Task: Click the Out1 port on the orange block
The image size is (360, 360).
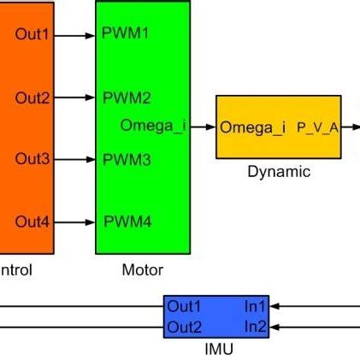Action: tap(32, 35)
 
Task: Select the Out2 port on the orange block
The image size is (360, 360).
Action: tap(32, 97)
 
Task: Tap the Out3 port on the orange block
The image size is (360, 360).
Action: tap(32, 159)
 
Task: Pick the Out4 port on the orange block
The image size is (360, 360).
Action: tap(32, 222)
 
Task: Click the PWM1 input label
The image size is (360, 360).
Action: tap(126, 35)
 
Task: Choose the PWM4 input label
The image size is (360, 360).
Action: tap(127, 222)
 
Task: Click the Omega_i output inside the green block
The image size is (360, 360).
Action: tap(153, 127)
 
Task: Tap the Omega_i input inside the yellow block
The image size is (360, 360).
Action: tap(253, 128)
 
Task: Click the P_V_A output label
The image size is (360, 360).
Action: tap(318, 128)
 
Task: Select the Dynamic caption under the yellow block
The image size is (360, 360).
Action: tap(279, 171)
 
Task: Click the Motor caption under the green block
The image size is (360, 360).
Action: tap(142, 270)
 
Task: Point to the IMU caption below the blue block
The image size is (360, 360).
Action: tap(218, 349)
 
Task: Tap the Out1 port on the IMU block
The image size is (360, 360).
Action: tap(184, 306)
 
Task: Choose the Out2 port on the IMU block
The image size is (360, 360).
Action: tap(184, 327)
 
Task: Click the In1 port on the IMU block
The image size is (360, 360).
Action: tap(256, 306)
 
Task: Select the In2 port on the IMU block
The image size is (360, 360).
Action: tap(256, 327)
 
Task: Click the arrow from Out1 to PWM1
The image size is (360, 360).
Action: tap(75, 36)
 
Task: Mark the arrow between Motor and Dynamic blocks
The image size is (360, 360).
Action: tap(203, 127)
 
